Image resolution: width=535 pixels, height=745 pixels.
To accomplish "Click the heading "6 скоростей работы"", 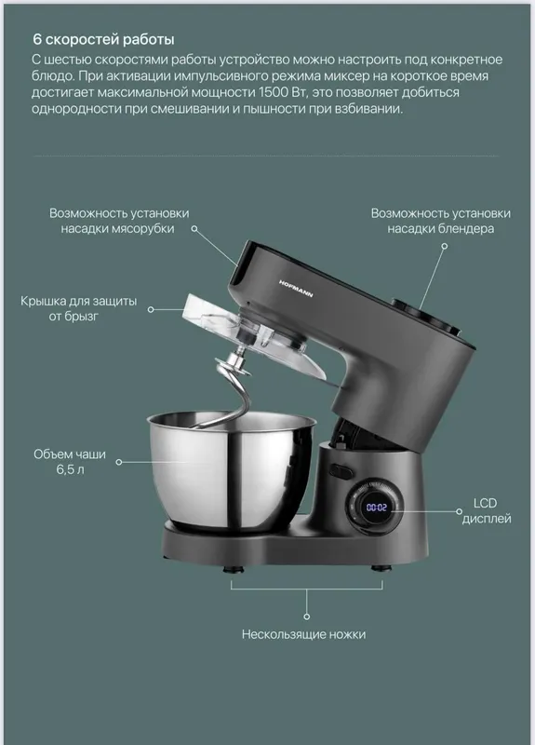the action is click(103, 39).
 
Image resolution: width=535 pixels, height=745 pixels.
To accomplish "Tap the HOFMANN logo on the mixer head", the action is click(296, 289).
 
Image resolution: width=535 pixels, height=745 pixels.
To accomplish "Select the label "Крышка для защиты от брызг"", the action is click(78, 308).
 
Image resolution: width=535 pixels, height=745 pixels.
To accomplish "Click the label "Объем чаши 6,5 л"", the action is click(70, 462).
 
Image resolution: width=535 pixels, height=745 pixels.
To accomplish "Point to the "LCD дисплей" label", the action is click(486, 510).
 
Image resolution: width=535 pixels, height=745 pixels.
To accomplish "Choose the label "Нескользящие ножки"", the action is click(304, 634).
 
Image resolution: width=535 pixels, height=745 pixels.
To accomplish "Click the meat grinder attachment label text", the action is click(119, 221).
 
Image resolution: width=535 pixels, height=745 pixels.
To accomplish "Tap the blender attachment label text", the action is click(440, 221).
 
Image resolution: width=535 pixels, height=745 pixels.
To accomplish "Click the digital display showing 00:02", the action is click(377, 508).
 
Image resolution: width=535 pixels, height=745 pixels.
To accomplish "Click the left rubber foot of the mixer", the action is click(234, 568).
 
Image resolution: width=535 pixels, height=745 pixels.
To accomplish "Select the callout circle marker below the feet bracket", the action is click(307, 616).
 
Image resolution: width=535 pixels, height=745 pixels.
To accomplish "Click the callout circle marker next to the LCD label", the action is click(459, 511).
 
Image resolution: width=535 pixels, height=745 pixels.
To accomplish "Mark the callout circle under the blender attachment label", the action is click(445, 246).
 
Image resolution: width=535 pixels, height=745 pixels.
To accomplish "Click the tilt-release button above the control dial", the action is click(341, 471).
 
